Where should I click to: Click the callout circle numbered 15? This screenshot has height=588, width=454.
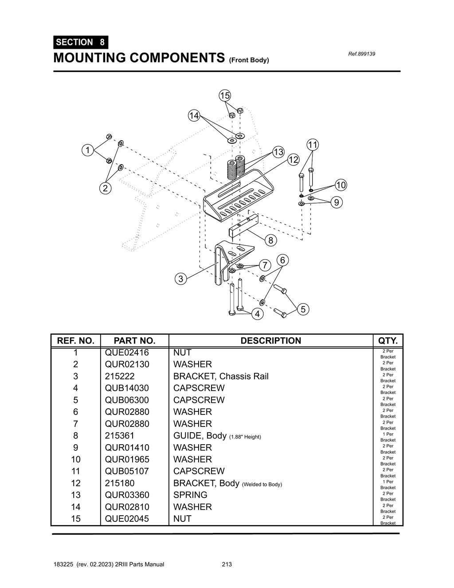point(225,95)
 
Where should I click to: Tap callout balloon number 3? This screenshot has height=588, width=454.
point(180,279)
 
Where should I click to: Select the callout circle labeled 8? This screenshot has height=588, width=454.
point(271,241)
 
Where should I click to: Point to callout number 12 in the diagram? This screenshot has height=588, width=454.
point(293,160)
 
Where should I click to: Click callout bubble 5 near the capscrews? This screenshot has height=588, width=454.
point(303,309)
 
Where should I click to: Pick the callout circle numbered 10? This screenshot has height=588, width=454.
point(340,185)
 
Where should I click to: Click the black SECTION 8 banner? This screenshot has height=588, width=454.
point(80,42)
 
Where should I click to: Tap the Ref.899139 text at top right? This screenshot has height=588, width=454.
point(361,54)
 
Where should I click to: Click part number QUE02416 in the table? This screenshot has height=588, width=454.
point(127,353)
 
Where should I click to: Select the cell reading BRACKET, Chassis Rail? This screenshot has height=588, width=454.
point(221,376)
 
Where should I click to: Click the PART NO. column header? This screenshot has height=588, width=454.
point(134,341)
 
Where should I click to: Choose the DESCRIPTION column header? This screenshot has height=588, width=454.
point(270,341)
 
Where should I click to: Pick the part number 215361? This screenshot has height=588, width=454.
point(119,436)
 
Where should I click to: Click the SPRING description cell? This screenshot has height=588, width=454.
point(190,495)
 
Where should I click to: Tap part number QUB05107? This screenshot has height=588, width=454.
point(127,471)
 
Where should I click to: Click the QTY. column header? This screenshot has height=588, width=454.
point(387,341)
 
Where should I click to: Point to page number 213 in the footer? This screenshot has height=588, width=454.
point(227,564)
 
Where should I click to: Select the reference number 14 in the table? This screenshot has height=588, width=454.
point(76,507)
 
